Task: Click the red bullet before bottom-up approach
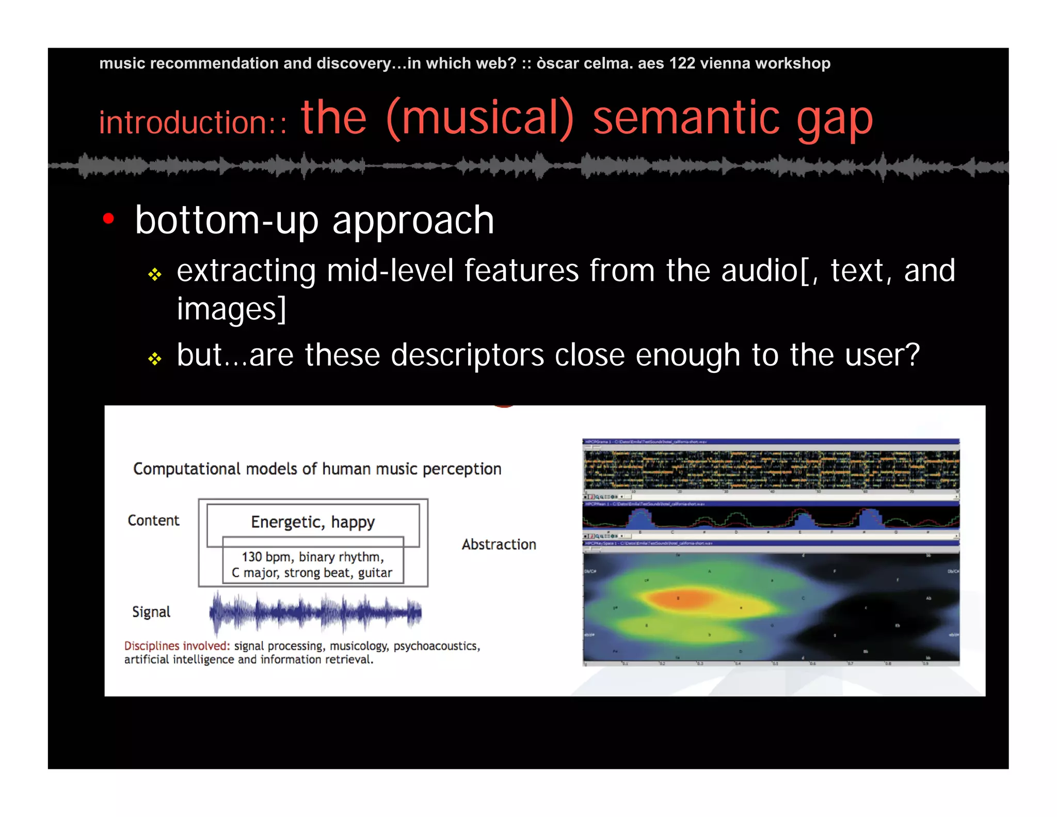108,219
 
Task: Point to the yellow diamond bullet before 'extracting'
155,274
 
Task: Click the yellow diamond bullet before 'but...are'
155,358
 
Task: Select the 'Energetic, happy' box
313,522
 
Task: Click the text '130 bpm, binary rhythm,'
313,557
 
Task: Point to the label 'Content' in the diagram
153,521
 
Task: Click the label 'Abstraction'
499,544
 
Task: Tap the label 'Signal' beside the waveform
151,612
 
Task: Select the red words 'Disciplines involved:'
177,646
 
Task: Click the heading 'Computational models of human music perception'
317,469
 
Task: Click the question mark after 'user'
912,355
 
